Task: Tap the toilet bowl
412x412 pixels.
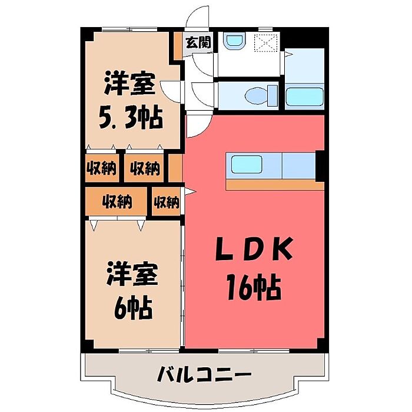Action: pyautogui.click(x=257, y=95)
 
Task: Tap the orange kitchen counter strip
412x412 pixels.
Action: pyautogui.click(x=274, y=185)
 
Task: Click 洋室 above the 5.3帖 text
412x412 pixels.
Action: pyautogui.click(x=130, y=85)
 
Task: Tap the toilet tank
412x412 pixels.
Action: pyautogui.click(x=272, y=94)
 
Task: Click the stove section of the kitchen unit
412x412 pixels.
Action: pyautogui.click(x=299, y=165)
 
